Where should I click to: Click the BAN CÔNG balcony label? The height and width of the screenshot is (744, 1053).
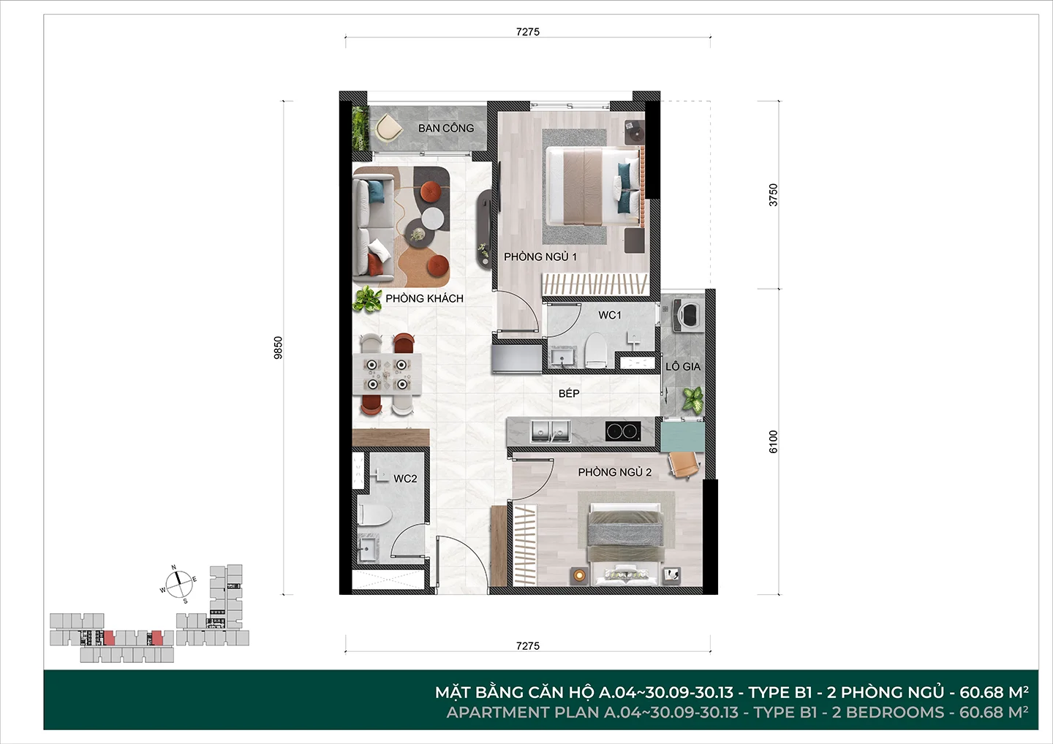pyautogui.click(x=446, y=128)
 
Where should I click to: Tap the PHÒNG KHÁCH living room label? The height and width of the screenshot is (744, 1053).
pyautogui.click(x=424, y=298)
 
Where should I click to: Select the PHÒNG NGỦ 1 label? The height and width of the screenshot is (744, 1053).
pyautogui.click(x=540, y=257)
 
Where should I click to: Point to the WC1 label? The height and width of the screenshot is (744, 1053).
pyautogui.click(x=610, y=315)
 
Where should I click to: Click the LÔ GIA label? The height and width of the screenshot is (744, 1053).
pyautogui.click(x=683, y=366)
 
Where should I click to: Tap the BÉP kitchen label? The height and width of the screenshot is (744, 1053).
pyautogui.click(x=569, y=394)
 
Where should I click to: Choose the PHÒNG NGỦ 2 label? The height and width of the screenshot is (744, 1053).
pyautogui.click(x=615, y=472)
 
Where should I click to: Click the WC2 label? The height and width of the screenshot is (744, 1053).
pyautogui.click(x=405, y=479)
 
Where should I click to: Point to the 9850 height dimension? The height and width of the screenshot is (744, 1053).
pyautogui.click(x=279, y=348)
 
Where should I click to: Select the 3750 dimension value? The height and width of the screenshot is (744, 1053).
pyautogui.click(x=774, y=194)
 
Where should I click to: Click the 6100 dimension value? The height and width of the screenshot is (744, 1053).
pyautogui.click(x=774, y=441)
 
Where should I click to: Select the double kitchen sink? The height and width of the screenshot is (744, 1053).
pyautogui.click(x=550, y=430)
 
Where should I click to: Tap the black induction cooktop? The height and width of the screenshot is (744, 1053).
pyautogui.click(x=623, y=431)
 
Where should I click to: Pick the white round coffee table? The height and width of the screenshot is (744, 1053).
pyautogui.click(x=432, y=219)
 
